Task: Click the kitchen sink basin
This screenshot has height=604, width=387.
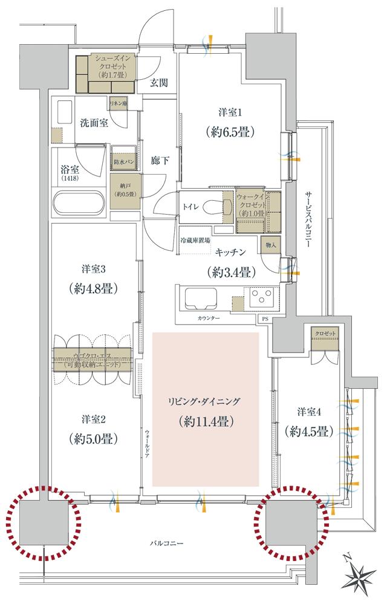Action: click(201, 299)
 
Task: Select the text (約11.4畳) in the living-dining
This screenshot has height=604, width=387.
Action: click(206, 420)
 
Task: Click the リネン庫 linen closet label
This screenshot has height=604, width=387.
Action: click(118, 104)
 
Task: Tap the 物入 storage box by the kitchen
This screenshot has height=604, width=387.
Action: click(270, 245)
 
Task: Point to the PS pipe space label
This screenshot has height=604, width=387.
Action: click(264, 318)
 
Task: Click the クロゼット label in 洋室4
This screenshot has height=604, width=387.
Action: click(325, 334)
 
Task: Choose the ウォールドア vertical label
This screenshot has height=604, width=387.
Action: click(147, 443)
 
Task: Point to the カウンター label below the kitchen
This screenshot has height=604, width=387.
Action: click(208, 318)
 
